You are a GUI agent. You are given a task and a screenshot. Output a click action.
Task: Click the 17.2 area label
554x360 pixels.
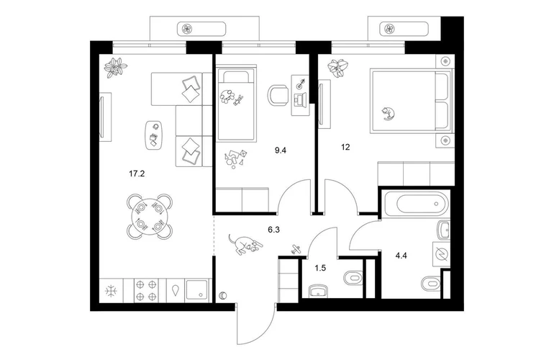coord(137,174)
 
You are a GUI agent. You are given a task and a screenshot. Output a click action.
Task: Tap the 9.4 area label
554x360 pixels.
coord(281,150)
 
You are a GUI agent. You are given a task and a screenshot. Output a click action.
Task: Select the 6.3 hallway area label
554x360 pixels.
coord(274,230)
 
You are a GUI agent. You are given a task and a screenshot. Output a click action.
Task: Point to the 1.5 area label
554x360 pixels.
coord(320,268)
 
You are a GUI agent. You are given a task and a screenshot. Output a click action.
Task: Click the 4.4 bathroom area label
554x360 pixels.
coord(401,255)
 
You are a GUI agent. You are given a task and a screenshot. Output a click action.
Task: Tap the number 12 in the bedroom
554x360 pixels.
coord(345,147)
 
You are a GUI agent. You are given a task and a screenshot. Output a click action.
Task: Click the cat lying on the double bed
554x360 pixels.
coord(388,113)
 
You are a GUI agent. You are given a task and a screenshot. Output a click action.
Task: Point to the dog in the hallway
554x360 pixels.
coord(245,244)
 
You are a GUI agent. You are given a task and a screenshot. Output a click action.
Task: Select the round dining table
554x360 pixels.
coord(150,216)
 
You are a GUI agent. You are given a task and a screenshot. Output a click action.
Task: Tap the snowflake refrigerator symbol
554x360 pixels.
coord(112,291)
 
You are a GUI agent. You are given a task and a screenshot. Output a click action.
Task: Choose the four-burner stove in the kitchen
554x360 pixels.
coord(146,290)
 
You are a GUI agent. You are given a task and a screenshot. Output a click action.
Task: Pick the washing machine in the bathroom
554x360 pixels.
coord(441,255)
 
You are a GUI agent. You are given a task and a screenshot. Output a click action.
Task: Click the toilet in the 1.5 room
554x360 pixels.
coord(353,277)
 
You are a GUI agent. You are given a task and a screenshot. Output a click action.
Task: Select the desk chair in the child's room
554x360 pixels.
coord(278,96)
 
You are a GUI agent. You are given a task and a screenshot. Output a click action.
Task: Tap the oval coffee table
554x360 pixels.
coord(154,136)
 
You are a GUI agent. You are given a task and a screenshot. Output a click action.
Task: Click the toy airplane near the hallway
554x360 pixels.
coord(296,249)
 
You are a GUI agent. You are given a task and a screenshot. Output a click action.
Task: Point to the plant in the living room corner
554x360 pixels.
coord(116,67)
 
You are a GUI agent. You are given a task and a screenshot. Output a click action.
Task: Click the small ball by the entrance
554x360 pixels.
coord(223,296)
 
